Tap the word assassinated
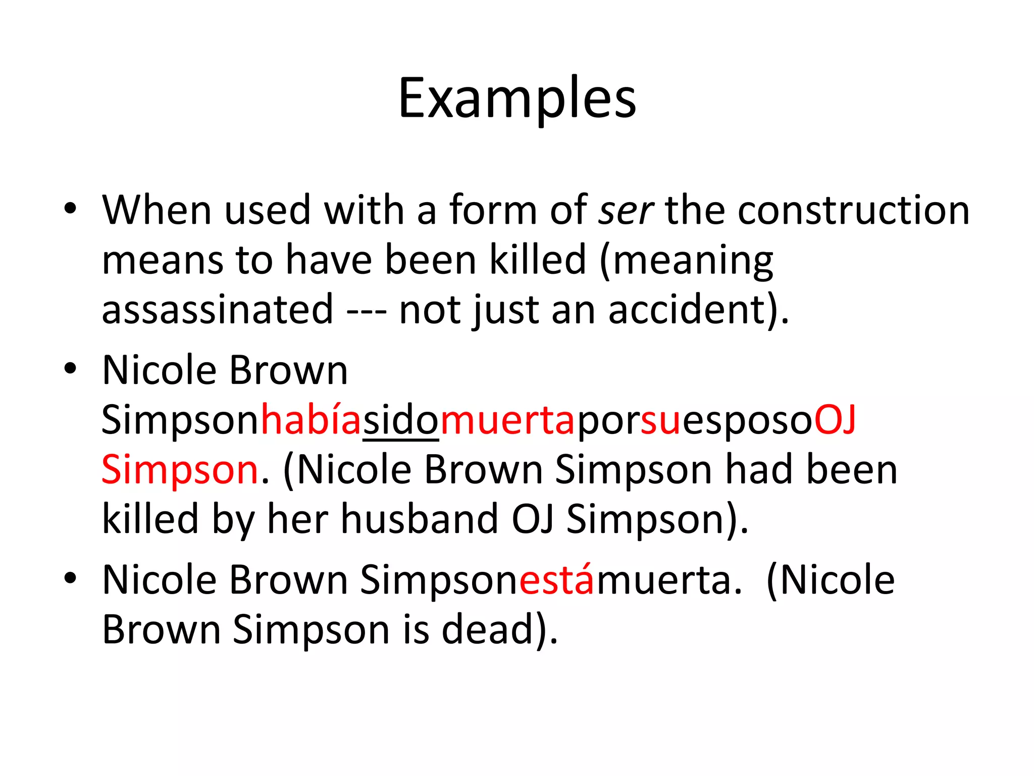click(x=218, y=310)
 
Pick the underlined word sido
click(x=401, y=420)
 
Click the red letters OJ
click(x=836, y=420)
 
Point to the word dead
click(x=488, y=629)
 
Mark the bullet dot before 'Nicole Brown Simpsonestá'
click(x=71, y=578)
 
